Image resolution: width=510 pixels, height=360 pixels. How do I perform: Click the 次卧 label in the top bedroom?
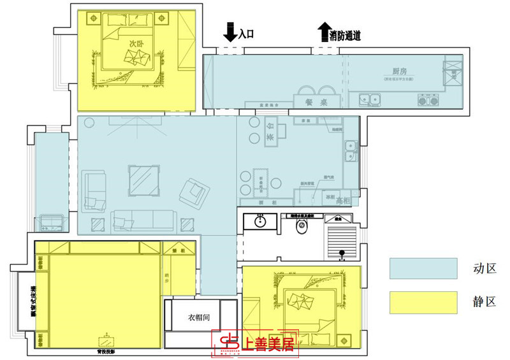coord(136,43)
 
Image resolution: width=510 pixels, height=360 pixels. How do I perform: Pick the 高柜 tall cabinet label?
coord(342,200)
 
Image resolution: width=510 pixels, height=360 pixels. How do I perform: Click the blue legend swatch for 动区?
coord(423,268)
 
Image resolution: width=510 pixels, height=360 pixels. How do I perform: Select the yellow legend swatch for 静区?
coord(423,302)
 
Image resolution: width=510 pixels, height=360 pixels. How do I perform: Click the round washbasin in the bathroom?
coord(260,222)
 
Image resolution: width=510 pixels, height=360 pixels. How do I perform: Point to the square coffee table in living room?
coord(144,180)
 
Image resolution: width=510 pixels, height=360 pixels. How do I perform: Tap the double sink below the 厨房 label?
coord(369,99)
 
